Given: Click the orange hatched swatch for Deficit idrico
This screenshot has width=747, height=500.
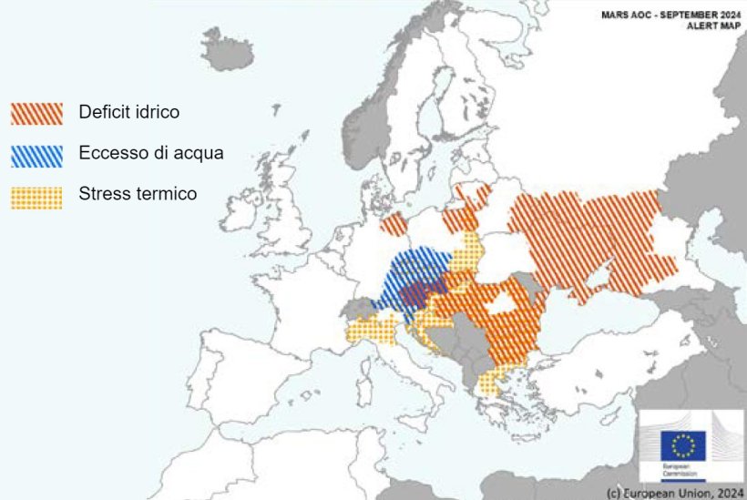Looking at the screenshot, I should [x=36, y=113].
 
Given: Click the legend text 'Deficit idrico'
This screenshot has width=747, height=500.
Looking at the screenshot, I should [x=128, y=112].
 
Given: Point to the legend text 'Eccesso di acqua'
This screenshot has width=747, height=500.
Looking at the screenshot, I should [x=150, y=153].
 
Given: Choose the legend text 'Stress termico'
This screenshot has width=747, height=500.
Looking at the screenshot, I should [x=138, y=193].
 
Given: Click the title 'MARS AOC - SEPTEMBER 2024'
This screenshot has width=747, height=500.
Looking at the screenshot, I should [x=670, y=15].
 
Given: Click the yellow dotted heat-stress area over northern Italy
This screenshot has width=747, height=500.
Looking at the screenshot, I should [x=373, y=330].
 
